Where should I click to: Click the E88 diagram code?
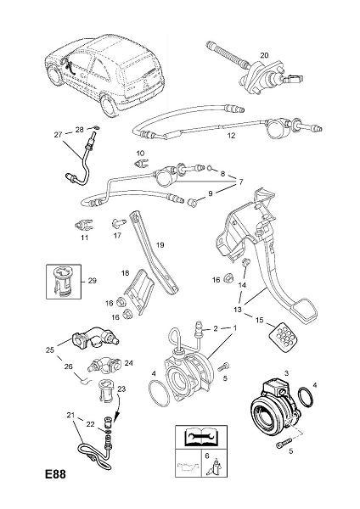pyautogui.click(x=55, y=474)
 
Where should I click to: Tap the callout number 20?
pyautogui.click(x=264, y=55)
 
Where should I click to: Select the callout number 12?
pyautogui.click(x=231, y=136)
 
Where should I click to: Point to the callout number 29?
pyautogui.click(x=93, y=280)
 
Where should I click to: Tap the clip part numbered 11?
pyautogui.click(x=84, y=224)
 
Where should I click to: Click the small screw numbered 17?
pyautogui.click(x=116, y=223)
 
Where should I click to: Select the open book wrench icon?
pyautogui.click(x=201, y=436)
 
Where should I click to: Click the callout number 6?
pyautogui.click(x=207, y=456)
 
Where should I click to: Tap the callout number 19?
pyautogui.click(x=160, y=245)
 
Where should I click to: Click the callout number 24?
pyautogui.click(x=129, y=362)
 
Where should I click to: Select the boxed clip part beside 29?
pyautogui.click(x=63, y=281)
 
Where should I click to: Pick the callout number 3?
pyautogui.click(x=287, y=373)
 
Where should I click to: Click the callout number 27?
pyautogui.click(x=58, y=134)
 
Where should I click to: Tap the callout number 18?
pyautogui.click(x=125, y=273)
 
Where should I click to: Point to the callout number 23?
pyautogui.click(x=121, y=389)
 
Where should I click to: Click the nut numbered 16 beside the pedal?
pyautogui.click(x=227, y=278)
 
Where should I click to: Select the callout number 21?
pyautogui.click(x=70, y=415)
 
